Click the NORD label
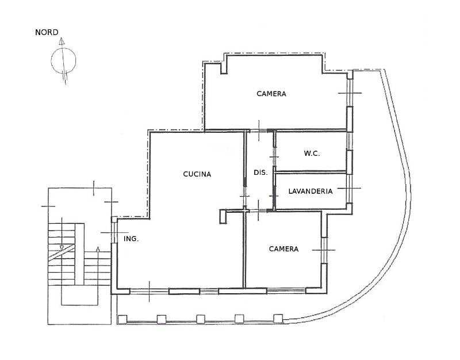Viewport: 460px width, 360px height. tap(47, 32)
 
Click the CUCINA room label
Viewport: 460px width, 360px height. tap(197, 174)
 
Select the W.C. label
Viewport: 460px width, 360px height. tap(312, 154)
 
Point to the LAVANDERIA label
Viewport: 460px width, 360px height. tap(310, 192)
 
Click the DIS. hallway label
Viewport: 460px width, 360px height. tap(260, 173)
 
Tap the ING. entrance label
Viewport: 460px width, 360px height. tap(131, 239)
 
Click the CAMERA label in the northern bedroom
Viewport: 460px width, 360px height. tap(271, 94)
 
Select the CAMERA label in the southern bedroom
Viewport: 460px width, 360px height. tap(283, 249)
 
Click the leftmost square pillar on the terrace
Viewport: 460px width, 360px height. tap(122, 319)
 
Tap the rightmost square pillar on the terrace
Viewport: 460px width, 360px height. tap(278, 319)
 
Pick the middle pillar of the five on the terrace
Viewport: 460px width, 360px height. tap(201, 319)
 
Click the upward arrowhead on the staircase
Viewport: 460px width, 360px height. tap(98, 250)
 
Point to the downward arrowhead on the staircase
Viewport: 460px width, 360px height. tap(62, 248)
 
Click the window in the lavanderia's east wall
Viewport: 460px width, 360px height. tap(349, 188)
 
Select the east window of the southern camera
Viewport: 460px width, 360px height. tap(324, 250)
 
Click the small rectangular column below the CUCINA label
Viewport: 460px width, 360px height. tap(223, 217)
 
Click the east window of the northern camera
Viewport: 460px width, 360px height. tap(350, 93)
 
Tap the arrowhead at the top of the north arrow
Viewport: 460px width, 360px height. tap(62, 41)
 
